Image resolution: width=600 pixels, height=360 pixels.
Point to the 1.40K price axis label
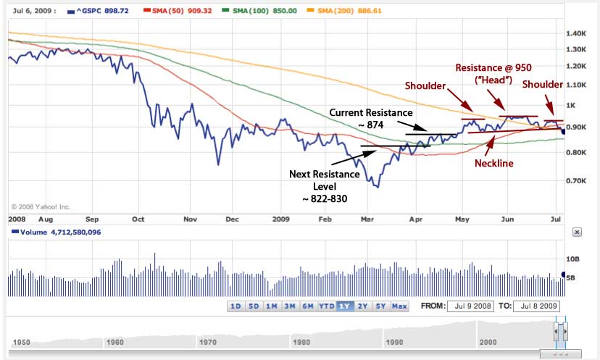[x=577, y=34]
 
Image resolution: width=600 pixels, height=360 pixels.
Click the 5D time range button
[x=254, y=306]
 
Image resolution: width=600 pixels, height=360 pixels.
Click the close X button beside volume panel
[x=577, y=233]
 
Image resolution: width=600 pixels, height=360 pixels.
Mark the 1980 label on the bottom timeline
[x=302, y=340]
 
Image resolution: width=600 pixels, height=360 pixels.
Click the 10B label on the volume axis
[x=573, y=259]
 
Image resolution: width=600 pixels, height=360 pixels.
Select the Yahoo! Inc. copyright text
[x=42, y=207]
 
